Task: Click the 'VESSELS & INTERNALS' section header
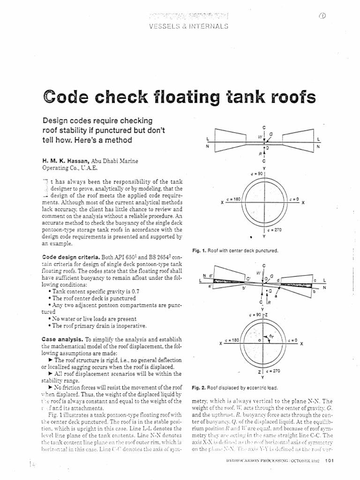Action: [191, 26]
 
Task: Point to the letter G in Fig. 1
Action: [270, 134]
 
